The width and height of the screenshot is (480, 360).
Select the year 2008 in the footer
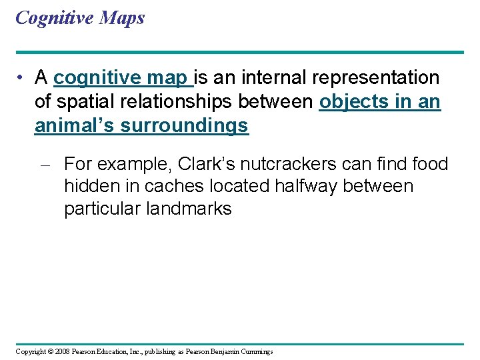coord(61,351)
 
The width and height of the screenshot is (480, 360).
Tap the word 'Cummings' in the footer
coord(256,351)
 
